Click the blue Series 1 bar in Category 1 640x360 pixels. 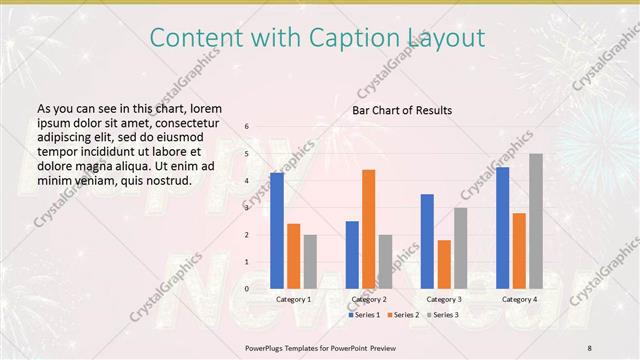tap(276, 231)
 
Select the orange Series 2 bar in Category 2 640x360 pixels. tap(368, 229)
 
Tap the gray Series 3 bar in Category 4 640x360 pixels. tap(536, 221)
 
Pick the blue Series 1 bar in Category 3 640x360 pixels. tap(427, 241)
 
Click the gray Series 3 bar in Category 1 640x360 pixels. tap(310, 262)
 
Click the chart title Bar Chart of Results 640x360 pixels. tap(402, 110)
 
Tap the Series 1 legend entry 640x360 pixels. tap(363, 315)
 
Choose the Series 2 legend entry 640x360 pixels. tap(403, 315)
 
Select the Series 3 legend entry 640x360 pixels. tap(443, 315)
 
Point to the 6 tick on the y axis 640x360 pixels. tap(247, 127)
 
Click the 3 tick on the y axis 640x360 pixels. tap(247, 208)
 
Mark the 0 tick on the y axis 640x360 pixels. tap(247, 289)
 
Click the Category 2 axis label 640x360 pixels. tap(369, 299)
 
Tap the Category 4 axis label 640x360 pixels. tap(519, 299)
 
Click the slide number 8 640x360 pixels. tap(590, 347)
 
